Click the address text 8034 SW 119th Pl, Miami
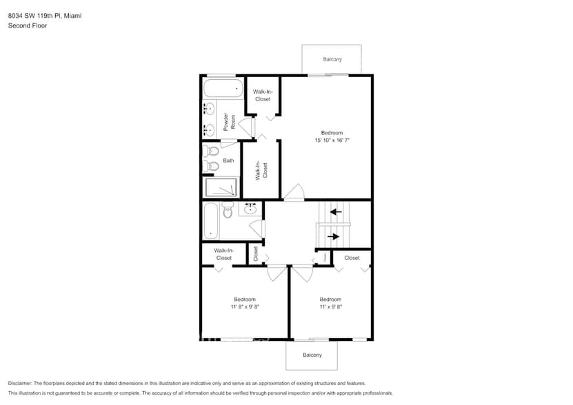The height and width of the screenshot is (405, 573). [x=44, y=15]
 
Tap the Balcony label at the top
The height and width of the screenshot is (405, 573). [x=332, y=59]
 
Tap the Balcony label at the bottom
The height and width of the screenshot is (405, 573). [x=312, y=355]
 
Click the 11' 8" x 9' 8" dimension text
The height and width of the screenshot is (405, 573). [x=245, y=307]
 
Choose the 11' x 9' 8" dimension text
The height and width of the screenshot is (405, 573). [x=330, y=307]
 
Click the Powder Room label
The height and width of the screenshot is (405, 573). [x=230, y=122]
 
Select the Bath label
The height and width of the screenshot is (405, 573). [x=228, y=160]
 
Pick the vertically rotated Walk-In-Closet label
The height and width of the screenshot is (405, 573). [x=262, y=170]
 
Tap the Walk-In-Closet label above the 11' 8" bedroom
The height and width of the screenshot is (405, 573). [x=223, y=254]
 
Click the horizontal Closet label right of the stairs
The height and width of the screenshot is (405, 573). [x=352, y=258]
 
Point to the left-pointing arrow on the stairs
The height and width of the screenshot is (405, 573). [x=336, y=211]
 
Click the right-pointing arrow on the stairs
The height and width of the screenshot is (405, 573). [x=334, y=237]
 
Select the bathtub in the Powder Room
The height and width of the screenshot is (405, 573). [x=223, y=88]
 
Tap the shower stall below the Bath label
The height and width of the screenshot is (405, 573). [x=221, y=187]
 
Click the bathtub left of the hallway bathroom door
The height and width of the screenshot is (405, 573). [x=211, y=220]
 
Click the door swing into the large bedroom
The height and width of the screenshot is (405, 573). [x=294, y=191]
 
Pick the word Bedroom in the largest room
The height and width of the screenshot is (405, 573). [x=332, y=133]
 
